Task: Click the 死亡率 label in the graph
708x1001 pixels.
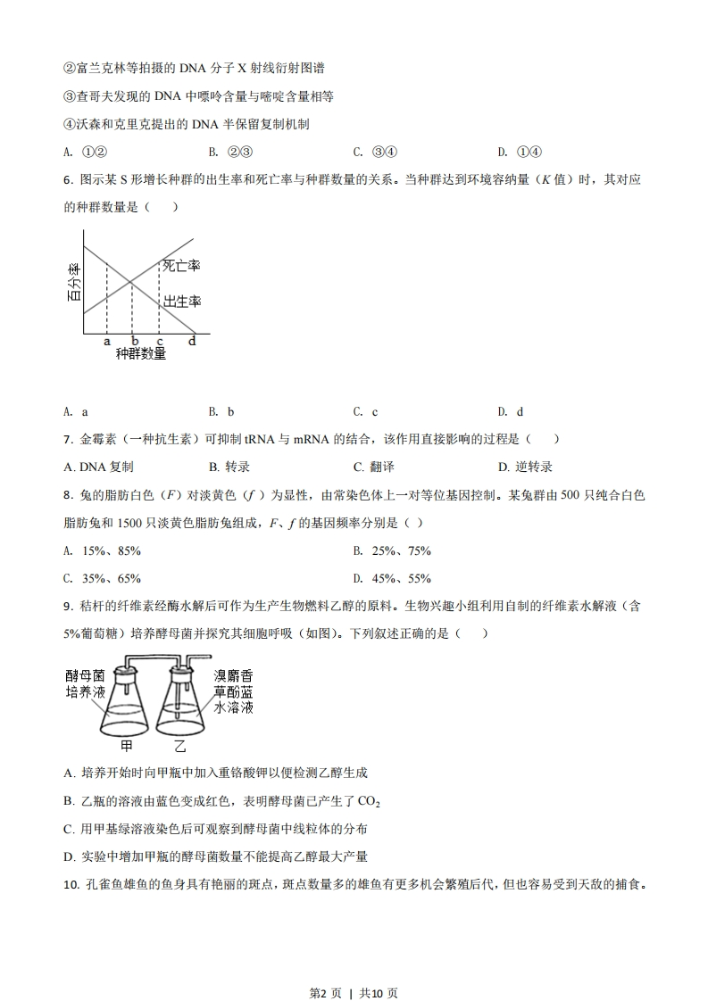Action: (180, 266)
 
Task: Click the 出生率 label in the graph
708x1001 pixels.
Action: (180, 302)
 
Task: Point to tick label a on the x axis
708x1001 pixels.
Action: (106, 341)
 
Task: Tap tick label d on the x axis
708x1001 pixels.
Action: (192, 341)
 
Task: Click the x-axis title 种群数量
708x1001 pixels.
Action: (141, 354)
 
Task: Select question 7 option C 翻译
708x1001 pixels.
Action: (373, 467)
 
